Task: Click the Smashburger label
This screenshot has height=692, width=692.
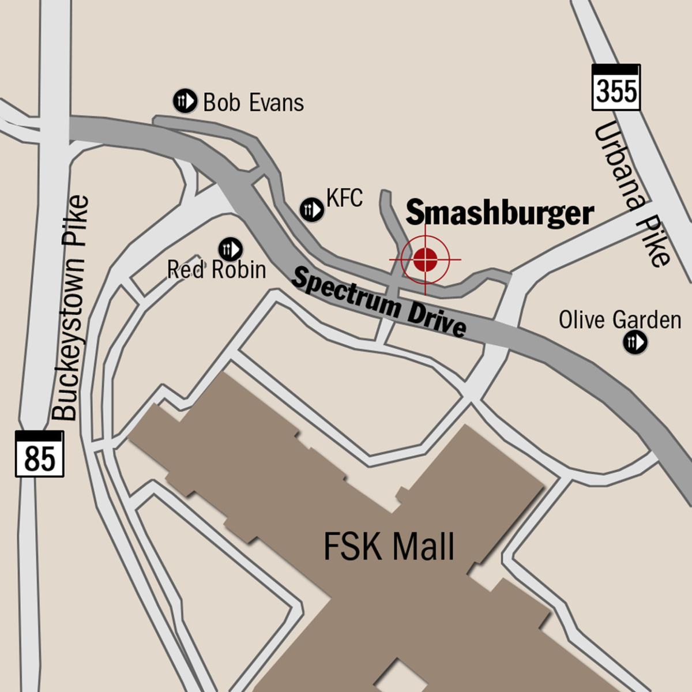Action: [x=499, y=213]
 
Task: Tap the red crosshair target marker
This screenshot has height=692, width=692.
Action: [x=426, y=259]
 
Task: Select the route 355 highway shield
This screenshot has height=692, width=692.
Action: [x=616, y=87]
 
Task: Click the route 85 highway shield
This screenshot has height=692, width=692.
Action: [x=39, y=454]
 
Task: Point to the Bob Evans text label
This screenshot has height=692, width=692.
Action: [x=253, y=103]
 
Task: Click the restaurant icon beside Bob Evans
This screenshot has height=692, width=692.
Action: [x=185, y=101]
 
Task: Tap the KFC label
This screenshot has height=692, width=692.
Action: [x=344, y=198]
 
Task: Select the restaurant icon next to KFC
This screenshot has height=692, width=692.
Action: [x=312, y=209]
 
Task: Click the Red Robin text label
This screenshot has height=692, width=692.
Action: [x=217, y=269]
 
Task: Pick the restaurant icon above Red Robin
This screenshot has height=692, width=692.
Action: [x=230, y=249]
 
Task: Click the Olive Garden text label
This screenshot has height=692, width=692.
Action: [x=620, y=320]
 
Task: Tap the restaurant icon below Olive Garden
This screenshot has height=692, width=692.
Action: [x=635, y=343]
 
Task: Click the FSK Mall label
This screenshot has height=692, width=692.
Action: [x=389, y=547]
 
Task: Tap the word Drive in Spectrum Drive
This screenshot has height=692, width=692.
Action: [x=437, y=318]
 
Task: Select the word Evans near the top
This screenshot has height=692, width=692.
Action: [x=277, y=103]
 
